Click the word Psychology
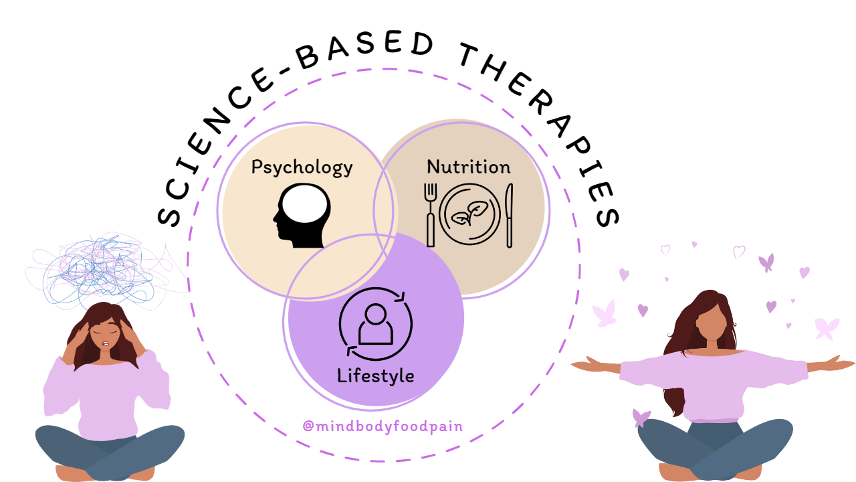tap(302, 167)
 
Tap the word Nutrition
tap(468, 167)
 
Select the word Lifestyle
tap(375, 376)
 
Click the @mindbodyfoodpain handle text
tap(383, 426)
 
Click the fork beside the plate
tap(431, 214)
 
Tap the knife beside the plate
tap(509, 215)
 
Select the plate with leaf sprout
tap(470, 214)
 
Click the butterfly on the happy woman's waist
tap(641, 418)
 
